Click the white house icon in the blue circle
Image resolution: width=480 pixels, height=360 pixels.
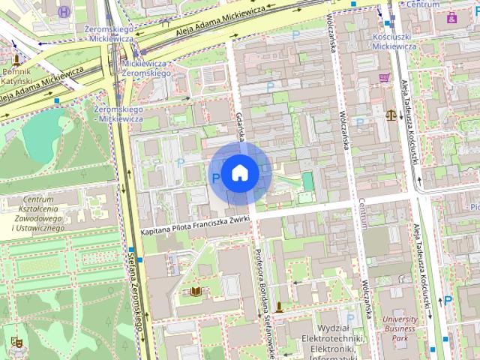(239, 172)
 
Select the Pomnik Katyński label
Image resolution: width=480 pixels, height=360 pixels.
(16, 75)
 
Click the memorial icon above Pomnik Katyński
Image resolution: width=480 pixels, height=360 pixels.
(16, 58)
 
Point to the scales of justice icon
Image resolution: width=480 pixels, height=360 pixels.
(390, 115)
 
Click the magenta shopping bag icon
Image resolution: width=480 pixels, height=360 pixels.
(451, 17)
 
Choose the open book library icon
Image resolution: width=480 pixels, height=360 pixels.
(196, 291)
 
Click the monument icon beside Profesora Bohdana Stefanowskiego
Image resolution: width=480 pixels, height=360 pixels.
(279, 306)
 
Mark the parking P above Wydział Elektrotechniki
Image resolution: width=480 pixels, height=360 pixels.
(349, 317)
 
